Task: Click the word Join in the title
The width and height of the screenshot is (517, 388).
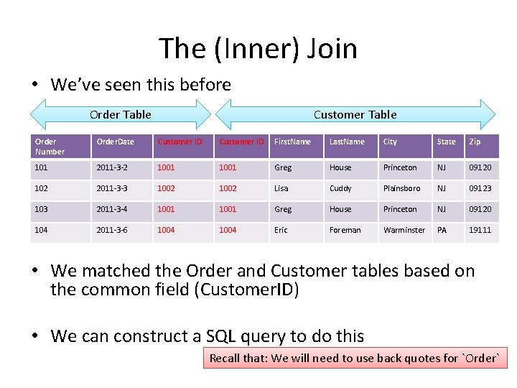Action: pos(332,49)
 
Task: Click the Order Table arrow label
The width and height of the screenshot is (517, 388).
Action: pos(121,114)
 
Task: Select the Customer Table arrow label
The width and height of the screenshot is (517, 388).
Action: pos(355,114)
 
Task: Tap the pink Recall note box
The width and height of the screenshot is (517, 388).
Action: pos(355,358)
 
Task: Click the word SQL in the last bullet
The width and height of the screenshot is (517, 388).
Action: pos(220,336)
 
